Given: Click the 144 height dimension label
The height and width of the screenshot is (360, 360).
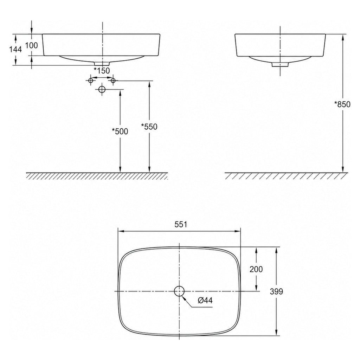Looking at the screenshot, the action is [x=15, y=49].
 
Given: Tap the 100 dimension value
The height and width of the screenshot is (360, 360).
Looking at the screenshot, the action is [x=31, y=45].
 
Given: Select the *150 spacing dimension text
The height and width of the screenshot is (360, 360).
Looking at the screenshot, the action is [x=102, y=70].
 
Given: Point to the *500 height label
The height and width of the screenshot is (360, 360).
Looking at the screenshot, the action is [x=120, y=131].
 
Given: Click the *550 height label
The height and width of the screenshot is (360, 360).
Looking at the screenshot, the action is [x=149, y=127].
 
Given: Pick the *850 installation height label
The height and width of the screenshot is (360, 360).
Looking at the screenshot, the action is [x=342, y=104].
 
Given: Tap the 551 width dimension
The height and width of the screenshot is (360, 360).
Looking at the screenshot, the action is [x=181, y=224].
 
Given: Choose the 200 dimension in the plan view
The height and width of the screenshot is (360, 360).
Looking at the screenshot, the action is [x=256, y=269].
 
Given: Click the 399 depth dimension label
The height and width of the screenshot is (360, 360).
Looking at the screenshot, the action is [x=276, y=291].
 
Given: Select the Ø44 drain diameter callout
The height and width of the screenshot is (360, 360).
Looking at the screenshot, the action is [x=205, y=300].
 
